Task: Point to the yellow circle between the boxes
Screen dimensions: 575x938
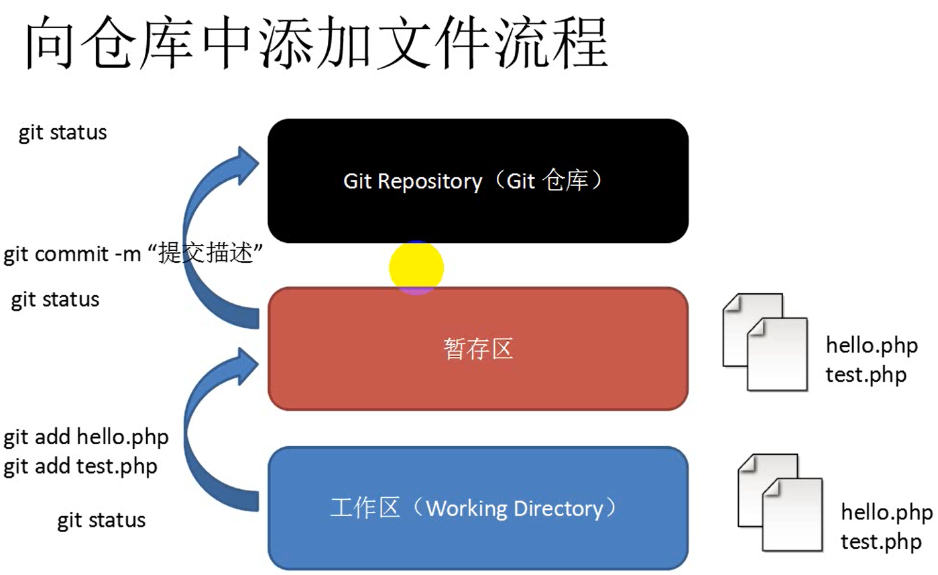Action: (416, 268)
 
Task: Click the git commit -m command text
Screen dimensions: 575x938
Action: (132, 256)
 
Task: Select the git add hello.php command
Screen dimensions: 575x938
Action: (86, 437)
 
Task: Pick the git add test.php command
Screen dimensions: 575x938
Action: (80, 466)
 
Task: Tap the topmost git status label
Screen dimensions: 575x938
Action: (62, 133)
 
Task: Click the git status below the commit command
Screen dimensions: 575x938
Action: (55, 299)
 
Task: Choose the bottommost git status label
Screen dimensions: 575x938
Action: (101, 520)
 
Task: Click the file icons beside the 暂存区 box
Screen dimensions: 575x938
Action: (765, 342)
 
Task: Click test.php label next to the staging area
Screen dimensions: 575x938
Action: (866, 374)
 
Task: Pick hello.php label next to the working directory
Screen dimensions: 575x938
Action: (886, 513)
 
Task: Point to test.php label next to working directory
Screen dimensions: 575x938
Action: (880, 541)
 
